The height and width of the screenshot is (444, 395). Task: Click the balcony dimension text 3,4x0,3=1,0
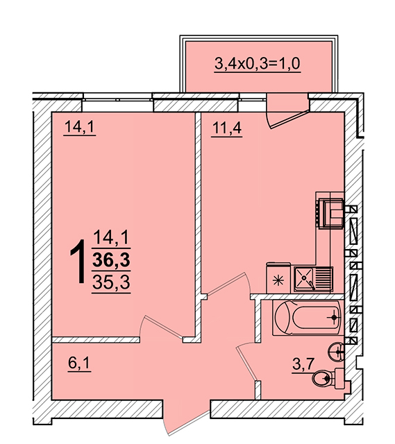[x=257, y=63]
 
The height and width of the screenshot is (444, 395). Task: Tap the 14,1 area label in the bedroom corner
[x=80, y=126]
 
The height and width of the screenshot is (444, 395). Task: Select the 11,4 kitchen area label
[x=227, y=128]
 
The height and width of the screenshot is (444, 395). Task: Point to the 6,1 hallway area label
[x=79, y=363]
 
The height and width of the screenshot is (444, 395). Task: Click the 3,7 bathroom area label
[x=303, y=364]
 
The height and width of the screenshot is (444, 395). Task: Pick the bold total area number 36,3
[x=111, y=259]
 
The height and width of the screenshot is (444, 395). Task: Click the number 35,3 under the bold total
[x=111, y=282]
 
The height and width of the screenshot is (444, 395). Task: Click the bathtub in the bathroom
[x=308, y=318]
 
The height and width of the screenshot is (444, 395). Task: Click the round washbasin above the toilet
[x=336, y=352]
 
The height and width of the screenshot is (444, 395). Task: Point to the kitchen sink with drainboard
[x=313, y=279]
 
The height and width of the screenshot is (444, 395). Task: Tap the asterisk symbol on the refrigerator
[x=278, y=280]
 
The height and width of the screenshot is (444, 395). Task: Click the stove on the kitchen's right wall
[x=330, y=214]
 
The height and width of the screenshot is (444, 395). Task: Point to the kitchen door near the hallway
[x=229, y=284]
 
